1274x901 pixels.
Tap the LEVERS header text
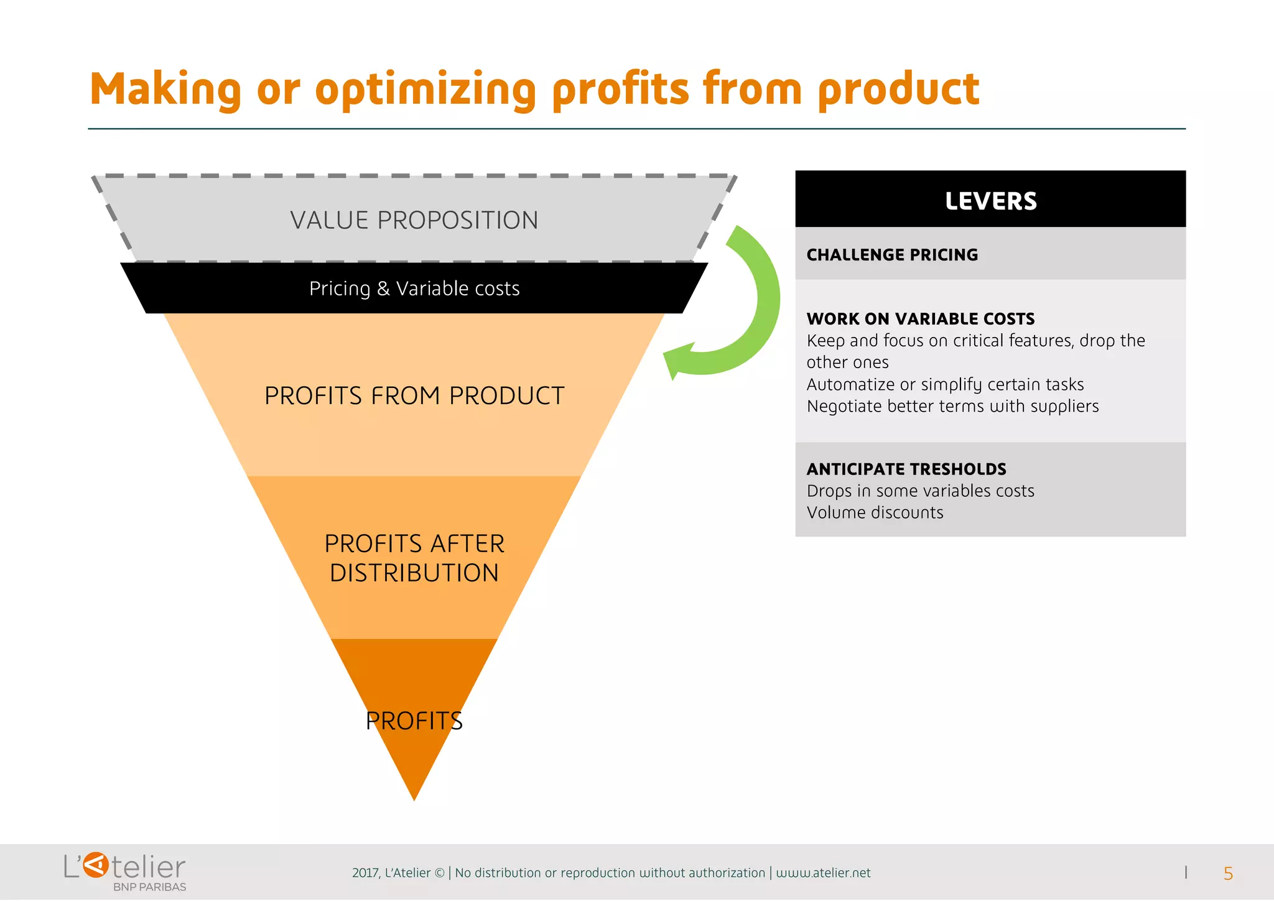990,201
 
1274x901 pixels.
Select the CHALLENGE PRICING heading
892,255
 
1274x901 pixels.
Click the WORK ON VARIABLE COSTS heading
920,319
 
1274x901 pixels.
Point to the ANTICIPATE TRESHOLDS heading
906,469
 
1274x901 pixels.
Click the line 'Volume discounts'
875,513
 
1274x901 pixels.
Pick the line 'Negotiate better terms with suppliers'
952,407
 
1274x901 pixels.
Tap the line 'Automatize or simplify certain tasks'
945,385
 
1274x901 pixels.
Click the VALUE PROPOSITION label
414,220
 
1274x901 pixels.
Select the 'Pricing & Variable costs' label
414,289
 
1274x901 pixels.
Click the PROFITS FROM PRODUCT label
414,396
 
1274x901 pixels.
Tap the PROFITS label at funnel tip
414,721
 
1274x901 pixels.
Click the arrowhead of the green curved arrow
677,361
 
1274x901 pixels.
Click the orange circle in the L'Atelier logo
96,866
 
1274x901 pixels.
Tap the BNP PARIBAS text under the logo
149,887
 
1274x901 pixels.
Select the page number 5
1228,874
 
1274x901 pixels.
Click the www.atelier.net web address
823,873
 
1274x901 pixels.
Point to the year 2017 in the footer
365,873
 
